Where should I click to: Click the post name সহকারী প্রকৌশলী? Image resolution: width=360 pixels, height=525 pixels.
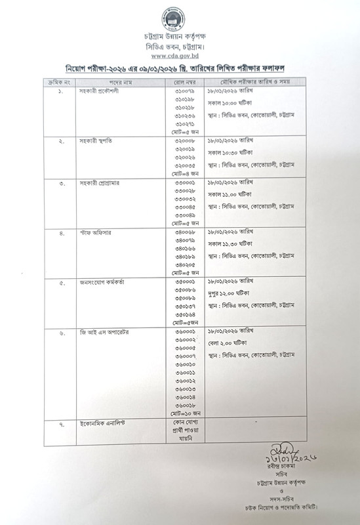(98, 91)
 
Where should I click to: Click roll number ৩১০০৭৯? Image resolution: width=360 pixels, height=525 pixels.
(185, 91)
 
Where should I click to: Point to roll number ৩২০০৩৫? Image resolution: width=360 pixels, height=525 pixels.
(185, 166)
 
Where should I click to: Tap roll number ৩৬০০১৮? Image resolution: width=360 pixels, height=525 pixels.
(185, 405)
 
